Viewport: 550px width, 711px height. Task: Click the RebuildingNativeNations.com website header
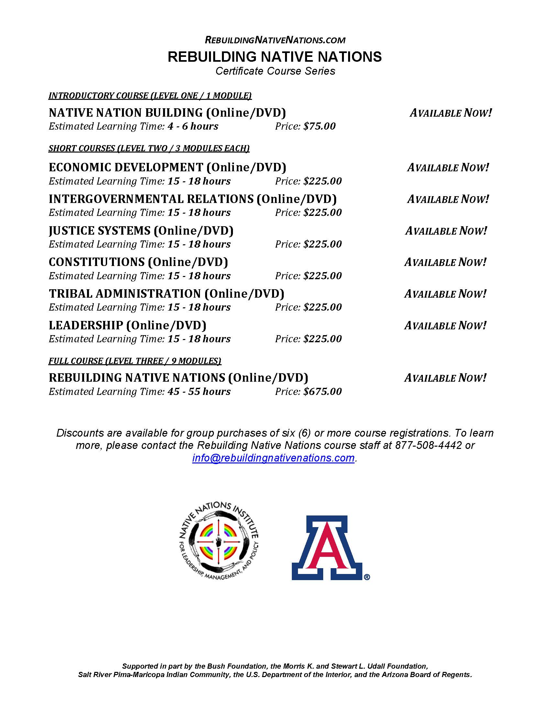pyautogui.click(x=275, y=40)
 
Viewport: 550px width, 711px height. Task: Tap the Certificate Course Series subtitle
pyautogui.click(x=275, y=71)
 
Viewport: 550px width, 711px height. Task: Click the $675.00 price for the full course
pyautogui.click(x=322, y=391)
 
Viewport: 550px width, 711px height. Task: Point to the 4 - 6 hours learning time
pyautogui.click(x=193, y=126)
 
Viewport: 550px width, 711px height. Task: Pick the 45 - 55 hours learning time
pyautogui.click(x=199, y=391)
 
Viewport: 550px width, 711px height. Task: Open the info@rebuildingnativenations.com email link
pyautogui.click(x=273, y=458)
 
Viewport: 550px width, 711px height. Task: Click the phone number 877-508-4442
pyautogui.click(x=428, y=445)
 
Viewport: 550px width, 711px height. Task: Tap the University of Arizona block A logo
pyautogui.click(x=327, y=548)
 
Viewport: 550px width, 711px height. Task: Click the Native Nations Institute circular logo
pyautogui.click(x=219, y=543)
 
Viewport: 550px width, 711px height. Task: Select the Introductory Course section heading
pyautogui.click(x=150, y=96)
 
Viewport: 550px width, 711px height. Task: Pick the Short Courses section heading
pyautogui.click(x=149, y=148)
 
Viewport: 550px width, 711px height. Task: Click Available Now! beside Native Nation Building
pyautogui.click(x=450, y=113)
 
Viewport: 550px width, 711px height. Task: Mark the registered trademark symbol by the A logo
pyautogui.click(x=367, y=577)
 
